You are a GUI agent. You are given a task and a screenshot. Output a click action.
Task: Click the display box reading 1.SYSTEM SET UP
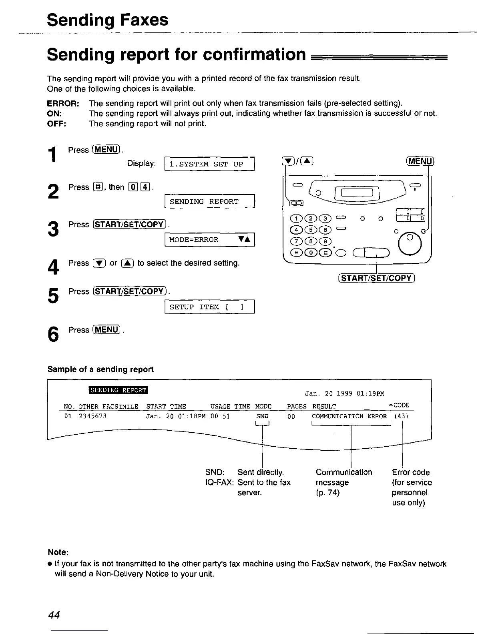click(209, 164)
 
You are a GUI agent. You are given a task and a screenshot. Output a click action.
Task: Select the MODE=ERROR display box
click(209, 240)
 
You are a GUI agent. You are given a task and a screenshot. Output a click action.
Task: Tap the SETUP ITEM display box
click(209, 307)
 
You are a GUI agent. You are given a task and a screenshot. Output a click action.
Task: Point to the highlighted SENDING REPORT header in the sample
click(118, 390)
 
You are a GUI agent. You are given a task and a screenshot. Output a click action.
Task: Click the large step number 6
click(52, 335)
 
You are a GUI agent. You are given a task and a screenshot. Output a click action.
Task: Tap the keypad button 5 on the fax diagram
click(314, 230)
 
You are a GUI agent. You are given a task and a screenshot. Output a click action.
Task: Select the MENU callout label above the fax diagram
click(420, 161)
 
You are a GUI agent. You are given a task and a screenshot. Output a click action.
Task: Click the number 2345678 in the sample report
click(93, 416)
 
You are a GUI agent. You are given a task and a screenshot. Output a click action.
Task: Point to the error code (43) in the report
click(402, 416)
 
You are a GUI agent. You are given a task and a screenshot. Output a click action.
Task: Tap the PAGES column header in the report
click(297, 407)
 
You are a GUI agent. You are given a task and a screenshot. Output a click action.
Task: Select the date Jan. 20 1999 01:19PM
click(344, 394)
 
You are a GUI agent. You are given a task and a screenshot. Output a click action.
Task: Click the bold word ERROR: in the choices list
click(63, 104)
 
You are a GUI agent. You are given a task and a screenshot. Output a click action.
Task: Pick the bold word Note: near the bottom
click(58, 552)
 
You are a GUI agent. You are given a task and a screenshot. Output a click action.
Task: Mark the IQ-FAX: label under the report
click(219, 482)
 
